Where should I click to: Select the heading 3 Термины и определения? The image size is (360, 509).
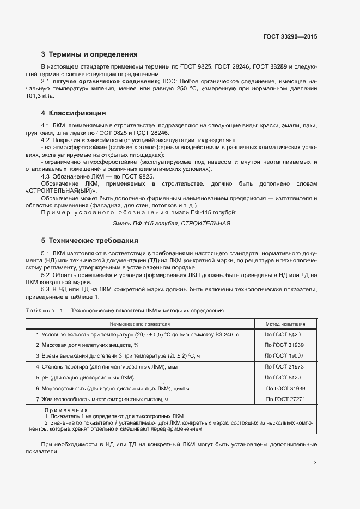tap(89, 54)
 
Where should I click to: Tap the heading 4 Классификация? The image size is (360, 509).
tap(74, 113)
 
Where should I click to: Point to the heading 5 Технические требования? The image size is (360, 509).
tap(89, 240)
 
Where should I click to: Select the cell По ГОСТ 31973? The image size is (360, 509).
tap(285, 366)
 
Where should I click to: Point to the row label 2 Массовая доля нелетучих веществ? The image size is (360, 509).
tap(87, 345)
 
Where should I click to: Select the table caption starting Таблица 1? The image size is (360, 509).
tap(125, 310)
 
